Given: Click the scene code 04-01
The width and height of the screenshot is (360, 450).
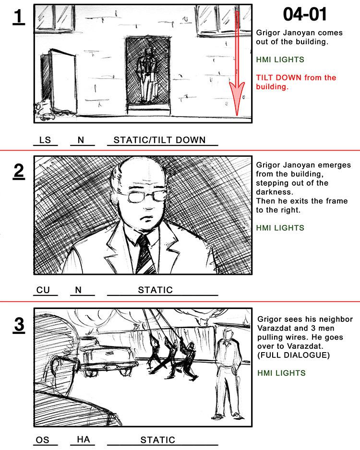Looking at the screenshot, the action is tap(305, 14).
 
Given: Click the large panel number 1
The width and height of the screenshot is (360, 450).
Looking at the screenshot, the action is tap(19, 17).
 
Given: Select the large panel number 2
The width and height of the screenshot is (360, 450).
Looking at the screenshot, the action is tap(19, 171).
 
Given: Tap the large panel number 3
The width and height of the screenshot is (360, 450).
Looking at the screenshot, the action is tap(19, 325).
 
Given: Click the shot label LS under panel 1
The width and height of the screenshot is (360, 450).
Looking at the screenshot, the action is tap(45, 140).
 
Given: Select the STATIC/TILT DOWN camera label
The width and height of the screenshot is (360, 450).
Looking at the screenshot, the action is tap(160, 140).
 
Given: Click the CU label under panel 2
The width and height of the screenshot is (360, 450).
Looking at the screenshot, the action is tap(43, 290).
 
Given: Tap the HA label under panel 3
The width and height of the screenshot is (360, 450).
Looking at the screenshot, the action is tap(83, 439).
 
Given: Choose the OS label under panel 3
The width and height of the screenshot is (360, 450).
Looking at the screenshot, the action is tap(42, 439).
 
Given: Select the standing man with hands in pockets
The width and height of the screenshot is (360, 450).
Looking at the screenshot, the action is tap(228, 374).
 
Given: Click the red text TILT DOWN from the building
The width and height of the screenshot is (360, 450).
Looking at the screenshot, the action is tap(296, 82).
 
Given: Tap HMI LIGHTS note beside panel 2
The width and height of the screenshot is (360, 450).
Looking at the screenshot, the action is tap(280, 228).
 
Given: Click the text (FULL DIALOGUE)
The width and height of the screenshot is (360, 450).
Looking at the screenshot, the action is tap(293, 355).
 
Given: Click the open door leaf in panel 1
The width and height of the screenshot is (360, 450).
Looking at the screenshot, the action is tap(64, 81).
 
